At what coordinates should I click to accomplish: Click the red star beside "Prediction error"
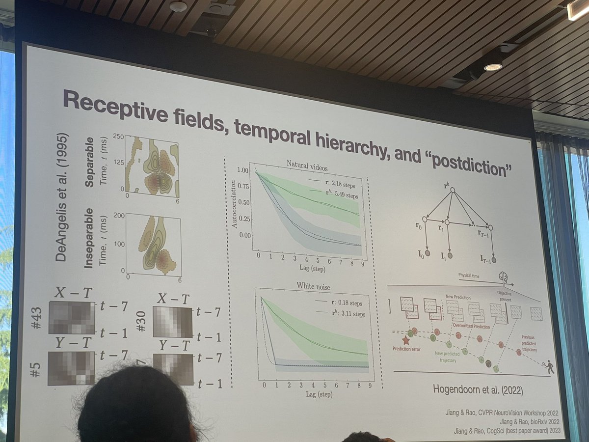pos(405,340)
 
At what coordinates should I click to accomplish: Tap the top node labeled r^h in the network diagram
pos(453,189)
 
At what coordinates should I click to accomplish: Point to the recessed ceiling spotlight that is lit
pos(492,67)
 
